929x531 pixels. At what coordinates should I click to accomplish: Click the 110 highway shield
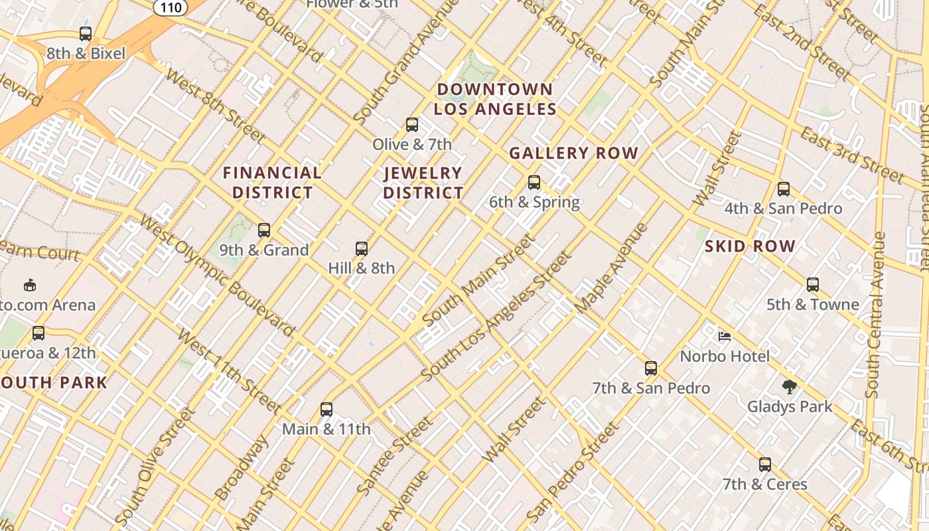(173, 6)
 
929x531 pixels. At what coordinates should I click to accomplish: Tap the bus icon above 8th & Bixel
(86, 33)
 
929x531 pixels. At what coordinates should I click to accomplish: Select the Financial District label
(272, 183)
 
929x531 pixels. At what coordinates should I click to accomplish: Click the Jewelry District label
(423, 183)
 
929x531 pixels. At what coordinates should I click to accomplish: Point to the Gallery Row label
(573, 153)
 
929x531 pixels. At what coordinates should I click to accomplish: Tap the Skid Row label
(750, 246)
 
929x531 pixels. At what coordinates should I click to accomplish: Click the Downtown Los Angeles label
(495, 99)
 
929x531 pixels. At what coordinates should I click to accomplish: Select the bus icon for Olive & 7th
(412, 124)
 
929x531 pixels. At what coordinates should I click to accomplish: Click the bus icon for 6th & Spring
(534, 182)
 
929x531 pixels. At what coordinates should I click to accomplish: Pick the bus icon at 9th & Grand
(264, 230)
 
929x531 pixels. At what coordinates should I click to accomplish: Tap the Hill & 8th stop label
(362, 268)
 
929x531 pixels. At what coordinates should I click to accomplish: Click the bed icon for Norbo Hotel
(725, 336)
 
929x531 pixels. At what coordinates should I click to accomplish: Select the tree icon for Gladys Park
(789, 386)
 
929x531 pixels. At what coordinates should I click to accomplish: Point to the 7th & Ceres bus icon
(765, 464)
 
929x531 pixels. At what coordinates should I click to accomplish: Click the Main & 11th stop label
(326, 429)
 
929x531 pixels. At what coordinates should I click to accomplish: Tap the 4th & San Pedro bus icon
(784, 189)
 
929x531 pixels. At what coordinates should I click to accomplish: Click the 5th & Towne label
(813, 305)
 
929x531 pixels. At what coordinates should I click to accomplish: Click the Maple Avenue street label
(611, 268)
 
